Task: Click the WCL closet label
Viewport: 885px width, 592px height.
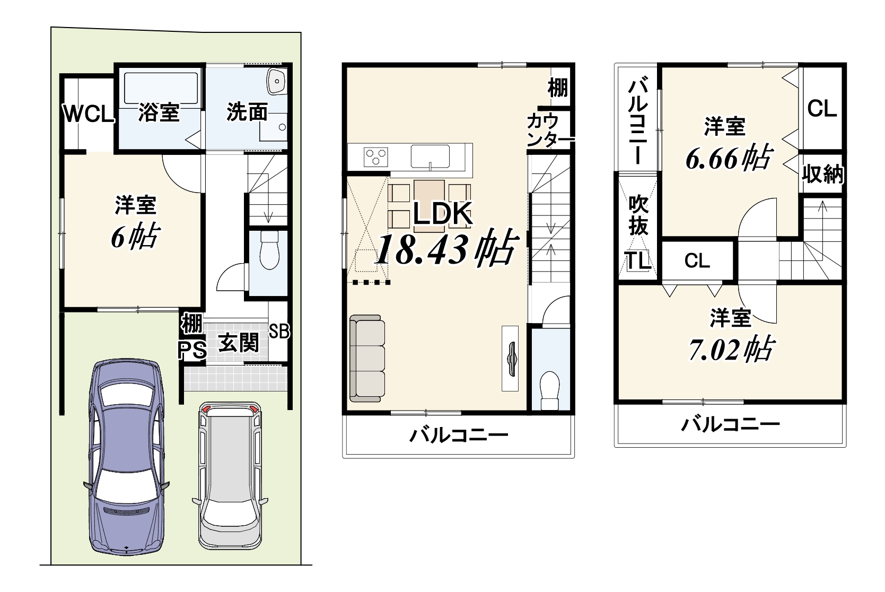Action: click(x=89, y=114)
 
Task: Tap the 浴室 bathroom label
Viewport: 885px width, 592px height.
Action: click(x=159, y=112)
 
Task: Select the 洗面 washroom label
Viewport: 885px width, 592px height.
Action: click(x=247, y=112)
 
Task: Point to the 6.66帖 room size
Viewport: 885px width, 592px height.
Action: click(x=729, y=158)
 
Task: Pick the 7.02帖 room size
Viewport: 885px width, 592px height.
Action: click(x=731, y=349)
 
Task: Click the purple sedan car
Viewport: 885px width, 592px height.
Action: click(x=126, y=457)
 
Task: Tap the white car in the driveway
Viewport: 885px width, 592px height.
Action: click(x=230, y=475)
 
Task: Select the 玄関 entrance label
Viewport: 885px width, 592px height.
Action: click(x=239, y=342)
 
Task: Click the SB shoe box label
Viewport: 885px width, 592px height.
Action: click(x=279, y=331)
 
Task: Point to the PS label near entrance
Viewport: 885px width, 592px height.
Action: click(x=192, y=350)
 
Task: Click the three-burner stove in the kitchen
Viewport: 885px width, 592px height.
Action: click(x=376, y=157)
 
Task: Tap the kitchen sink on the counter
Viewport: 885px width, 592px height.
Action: click(x=430, y=156)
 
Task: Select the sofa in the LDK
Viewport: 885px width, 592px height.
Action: click(x=367, y=359)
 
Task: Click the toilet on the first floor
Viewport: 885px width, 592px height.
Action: click(x=270, y=250)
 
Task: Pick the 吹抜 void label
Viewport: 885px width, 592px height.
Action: click(x=638, y=215)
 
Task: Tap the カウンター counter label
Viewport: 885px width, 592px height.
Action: click(x=550, y=131)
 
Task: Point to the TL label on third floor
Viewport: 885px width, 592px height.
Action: click(x=638, y=260)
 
